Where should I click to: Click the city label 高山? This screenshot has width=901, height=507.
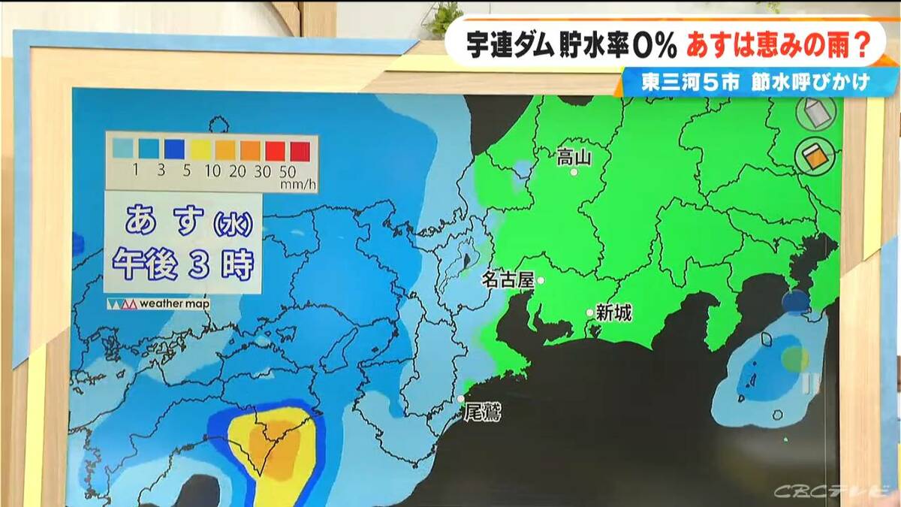[x=574, y=157]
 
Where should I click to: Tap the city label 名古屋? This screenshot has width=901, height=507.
[x=507, y=280]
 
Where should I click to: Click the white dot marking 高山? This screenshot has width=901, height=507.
[x=574, y=172]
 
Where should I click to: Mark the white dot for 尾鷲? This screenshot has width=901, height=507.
[x=461, y=399]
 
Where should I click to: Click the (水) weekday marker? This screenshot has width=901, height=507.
[x=233, y=223]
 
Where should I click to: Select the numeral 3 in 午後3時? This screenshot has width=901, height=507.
[x=197, y=264]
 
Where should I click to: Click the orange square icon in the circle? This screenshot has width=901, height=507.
[x=815, y=156]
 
